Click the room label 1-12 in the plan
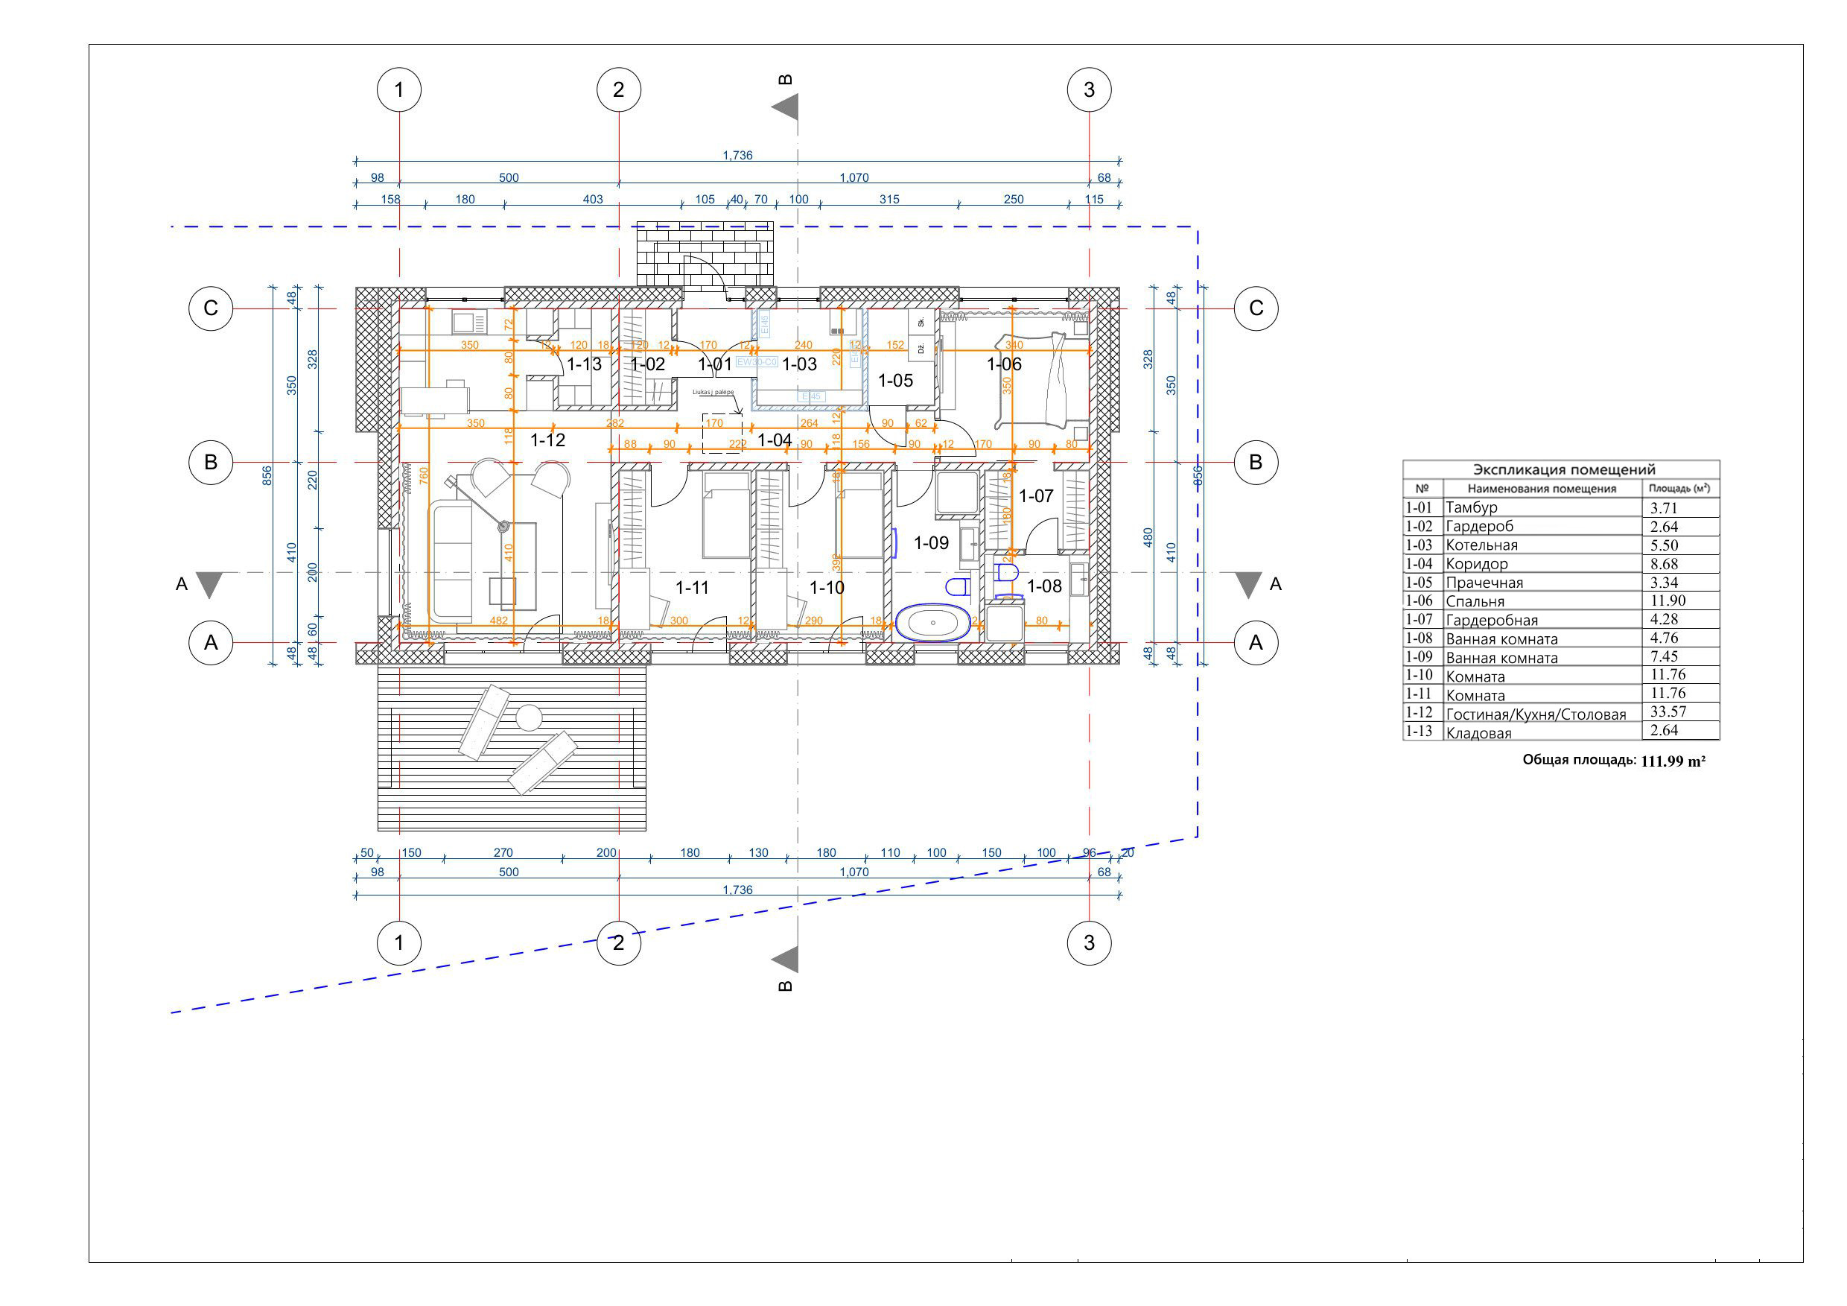tap(548, 440)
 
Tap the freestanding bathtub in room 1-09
tap(933, 623)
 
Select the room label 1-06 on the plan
tap(1004, 364)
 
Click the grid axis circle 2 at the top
tap(619, 90)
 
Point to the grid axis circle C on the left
tap(211, 308)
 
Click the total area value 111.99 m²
tap(1673, 761)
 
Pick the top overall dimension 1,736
tap(737, 155)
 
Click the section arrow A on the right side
tap(1248, 584)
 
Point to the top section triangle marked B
tap(786, 107)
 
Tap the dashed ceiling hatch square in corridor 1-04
tap(722, 434)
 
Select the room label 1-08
tap(1044, 586)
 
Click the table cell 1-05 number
tap(1419, 583)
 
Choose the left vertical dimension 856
tap(268, 475)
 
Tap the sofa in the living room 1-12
tap(452, 562)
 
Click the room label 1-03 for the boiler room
tap(800, 364)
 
